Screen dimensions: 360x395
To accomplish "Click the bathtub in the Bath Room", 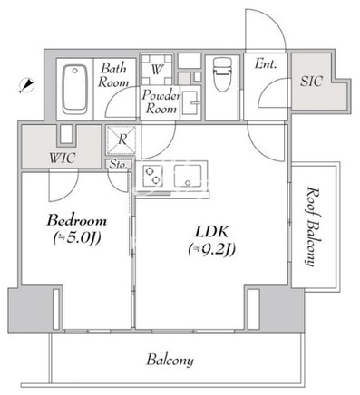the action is [75, 90].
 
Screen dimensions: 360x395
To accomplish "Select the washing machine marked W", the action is [157, 70].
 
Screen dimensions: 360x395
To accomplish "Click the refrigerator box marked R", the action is [122, 140].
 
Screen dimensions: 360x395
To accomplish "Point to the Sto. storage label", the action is [118, 165].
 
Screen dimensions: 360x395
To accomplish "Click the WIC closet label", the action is [62, 158].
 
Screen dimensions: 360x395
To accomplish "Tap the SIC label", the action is [311, 81].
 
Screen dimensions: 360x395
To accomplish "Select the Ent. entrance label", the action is [266, 63].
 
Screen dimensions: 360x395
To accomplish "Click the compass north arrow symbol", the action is [26, 85].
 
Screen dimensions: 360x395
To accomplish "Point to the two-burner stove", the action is [152, 176].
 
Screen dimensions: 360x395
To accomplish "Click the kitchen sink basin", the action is [188, 176].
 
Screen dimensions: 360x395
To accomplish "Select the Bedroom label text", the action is [76, 221].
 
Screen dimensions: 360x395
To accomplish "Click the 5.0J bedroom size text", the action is [77, 238].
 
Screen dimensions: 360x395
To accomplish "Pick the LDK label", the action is [211, 232].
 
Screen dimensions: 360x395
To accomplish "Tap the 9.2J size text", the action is [211, 250].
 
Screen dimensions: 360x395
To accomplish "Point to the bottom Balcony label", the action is [170, 361].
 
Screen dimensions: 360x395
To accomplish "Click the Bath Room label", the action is [113, 75].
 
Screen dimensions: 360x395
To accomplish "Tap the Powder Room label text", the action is [161, 101].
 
